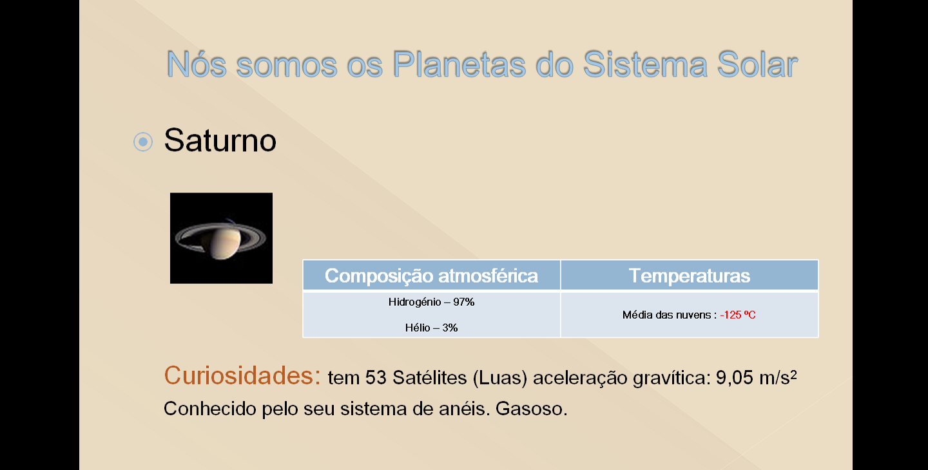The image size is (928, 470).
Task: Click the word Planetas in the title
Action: (x=459, y=64)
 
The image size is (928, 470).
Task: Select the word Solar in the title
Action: (x=757, y=64)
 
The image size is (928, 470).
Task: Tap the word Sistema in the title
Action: (x=645, y=64)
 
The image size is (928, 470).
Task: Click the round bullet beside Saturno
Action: (x=143, y=142)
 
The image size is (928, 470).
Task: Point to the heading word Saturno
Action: (x=220, y=140)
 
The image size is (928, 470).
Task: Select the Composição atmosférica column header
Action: (x=431, y=276)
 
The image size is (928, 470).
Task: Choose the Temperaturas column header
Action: (x=690, y=276)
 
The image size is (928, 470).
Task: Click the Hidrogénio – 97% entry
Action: (x=431, y=303)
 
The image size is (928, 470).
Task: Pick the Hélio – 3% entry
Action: (x=431, y=328)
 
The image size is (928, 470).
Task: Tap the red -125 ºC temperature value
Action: (x=738, y=315)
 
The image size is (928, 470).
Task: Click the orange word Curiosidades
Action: (x=242, y=375)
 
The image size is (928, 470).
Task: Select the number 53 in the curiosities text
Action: (x=376, y=378)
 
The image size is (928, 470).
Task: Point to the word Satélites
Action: (x=430, y=378)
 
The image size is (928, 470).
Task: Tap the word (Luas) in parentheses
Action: (x=500, y=378)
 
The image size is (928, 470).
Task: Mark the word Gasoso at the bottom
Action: (x=531, y=409)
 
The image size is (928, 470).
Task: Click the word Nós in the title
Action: (x=197, y=64)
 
